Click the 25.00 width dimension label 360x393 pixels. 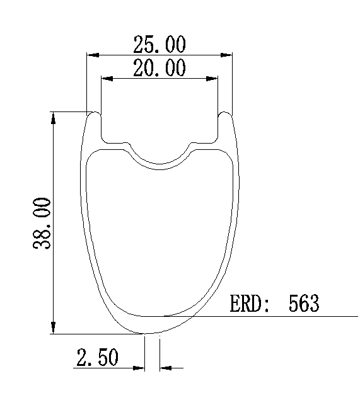(x=160, y=44)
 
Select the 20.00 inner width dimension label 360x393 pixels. (x=160, y=67)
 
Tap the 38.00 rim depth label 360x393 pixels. (x=42, y=224)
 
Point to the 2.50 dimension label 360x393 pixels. (x=97, y=357)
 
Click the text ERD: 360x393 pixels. (x=250, y=304)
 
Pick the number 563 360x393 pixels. (x=304, y=304)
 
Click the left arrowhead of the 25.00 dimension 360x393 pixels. (x=93, y=55)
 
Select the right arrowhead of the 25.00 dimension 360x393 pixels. (x=226, y=55)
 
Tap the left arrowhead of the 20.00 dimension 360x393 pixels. (x=107, y=79)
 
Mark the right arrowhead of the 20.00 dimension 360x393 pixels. (x=212, y=79)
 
